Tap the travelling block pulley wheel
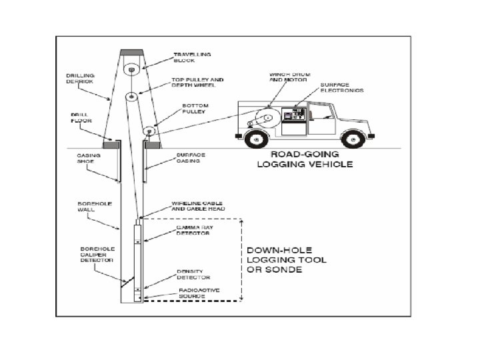(x=131, y=68)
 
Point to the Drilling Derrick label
(x=81, y=80)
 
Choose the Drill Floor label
(x=80, y=117)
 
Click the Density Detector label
(x=193, y=274)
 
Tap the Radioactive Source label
(x=196, y=293)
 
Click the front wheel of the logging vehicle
(x=354, y=139)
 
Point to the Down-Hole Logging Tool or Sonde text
(x=287, y=260)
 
